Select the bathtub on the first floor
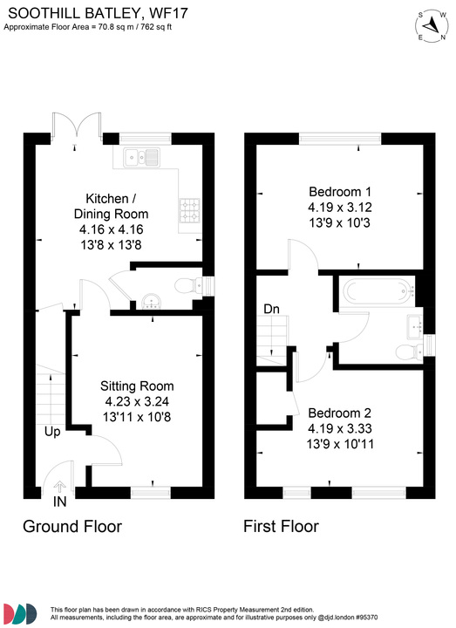374,291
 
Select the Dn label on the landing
271,309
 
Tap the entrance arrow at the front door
59,488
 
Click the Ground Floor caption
71,527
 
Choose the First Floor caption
281,527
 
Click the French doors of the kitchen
68,128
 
